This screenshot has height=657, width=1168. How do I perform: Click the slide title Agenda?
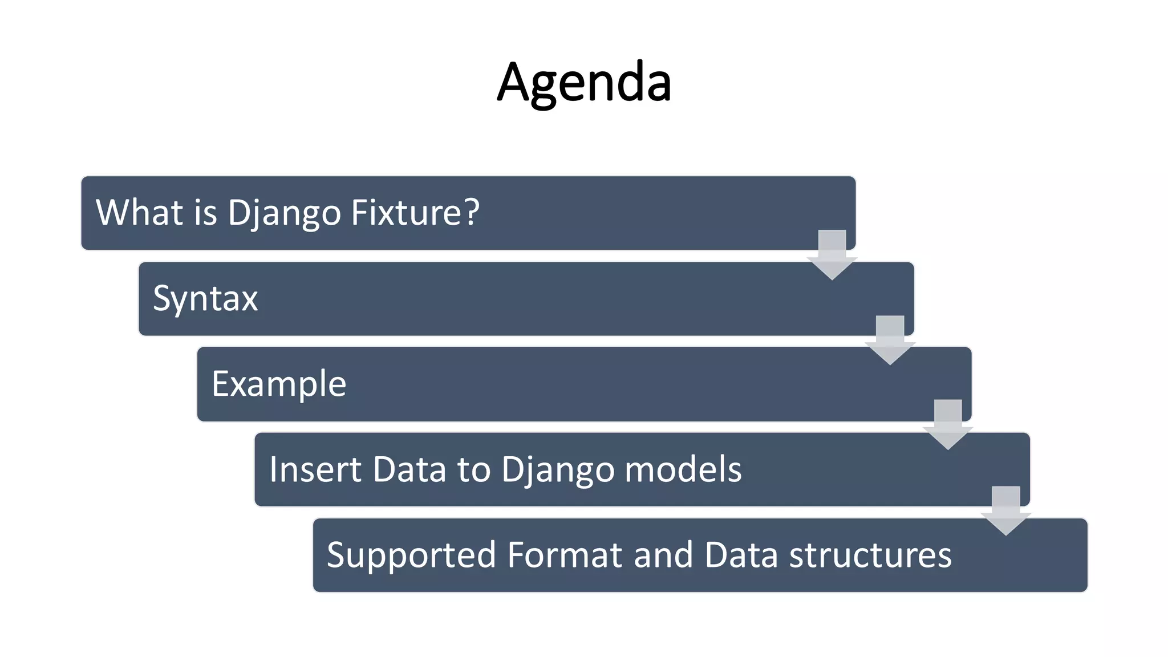(584, 83)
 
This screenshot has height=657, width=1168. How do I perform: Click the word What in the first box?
(139, 212)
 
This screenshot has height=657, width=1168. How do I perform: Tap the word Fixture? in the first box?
(415, 212)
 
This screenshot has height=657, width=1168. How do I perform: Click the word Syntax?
(205, 298)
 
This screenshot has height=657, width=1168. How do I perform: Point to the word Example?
(279, 384)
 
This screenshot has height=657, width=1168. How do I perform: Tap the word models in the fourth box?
(683, 469)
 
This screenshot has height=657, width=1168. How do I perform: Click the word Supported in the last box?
(411, 555)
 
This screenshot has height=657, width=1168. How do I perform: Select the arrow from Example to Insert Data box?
(948, 425)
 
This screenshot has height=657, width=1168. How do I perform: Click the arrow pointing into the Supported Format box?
(1006, 511)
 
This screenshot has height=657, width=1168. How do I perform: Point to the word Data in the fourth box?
(409, 469)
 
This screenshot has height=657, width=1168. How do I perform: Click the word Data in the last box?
(741, 555)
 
